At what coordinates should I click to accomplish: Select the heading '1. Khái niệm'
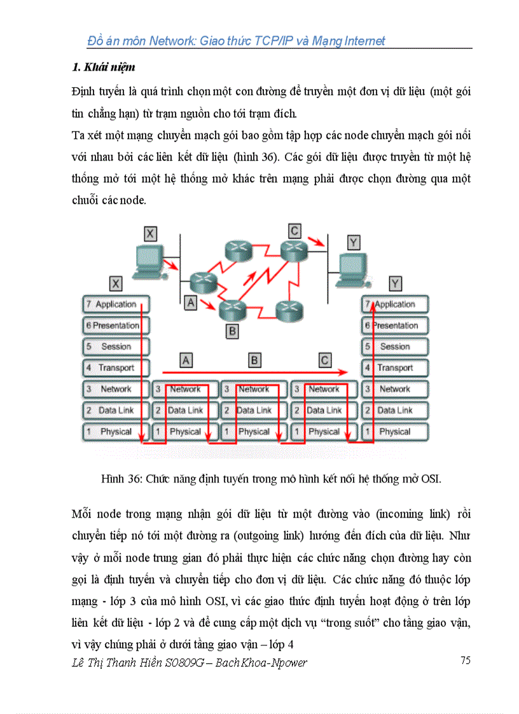click(103, 67)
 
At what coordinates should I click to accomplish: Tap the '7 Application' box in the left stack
click(116, 305)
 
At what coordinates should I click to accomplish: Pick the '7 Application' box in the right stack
click(394, 305)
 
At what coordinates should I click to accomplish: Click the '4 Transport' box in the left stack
click(116, 367)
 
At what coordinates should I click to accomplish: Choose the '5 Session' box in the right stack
click(394, 347)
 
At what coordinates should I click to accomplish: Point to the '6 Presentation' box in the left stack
click(116, 326)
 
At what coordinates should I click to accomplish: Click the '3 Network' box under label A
click(185, 389)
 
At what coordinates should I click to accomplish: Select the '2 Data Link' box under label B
click(254, 410)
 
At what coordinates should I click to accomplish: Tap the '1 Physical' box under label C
click(324, 432)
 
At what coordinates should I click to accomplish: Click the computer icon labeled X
click(146, 263)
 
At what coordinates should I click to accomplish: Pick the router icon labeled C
click(294, 250)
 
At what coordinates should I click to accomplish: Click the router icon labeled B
click(232, 310)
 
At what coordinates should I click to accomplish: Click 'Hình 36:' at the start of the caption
click(121, 479)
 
